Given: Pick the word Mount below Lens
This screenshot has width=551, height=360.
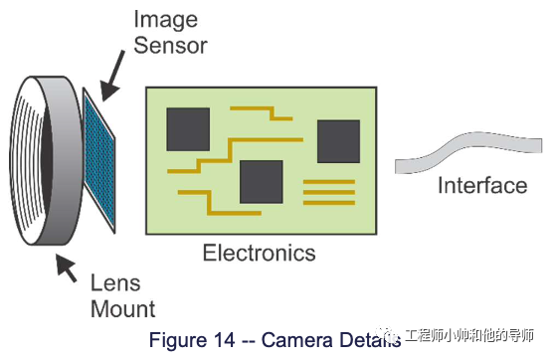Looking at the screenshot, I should [x=122, y=307].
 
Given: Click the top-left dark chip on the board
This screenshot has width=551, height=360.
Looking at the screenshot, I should [x=188, y=129].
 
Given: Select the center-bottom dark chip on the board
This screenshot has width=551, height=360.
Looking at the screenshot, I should [x=262, y=180].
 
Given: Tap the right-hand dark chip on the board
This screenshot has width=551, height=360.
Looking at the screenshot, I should [x=337, y=141].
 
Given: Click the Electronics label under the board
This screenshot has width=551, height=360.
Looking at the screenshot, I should [x=259, y=253].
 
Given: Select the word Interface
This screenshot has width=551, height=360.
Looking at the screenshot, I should [x=482, y=186].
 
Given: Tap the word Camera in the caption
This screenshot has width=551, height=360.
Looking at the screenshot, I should [x=299, y=339].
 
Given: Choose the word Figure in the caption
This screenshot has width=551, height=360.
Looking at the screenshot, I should [x=176, y=339].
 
